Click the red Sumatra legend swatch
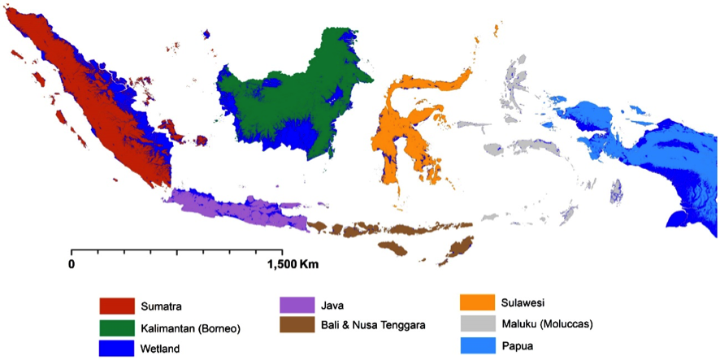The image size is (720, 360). (116, 306)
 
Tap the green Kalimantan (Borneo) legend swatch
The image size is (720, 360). (116, 328)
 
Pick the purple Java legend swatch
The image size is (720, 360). (296, 306)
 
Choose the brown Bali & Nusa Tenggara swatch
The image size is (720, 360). (296, 325)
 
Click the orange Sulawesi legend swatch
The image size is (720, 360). (477, 304)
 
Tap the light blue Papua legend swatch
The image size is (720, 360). (477, 346)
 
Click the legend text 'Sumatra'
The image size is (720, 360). (160, 307)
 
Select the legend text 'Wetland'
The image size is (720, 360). (160, 349)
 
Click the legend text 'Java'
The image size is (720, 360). (333, 306)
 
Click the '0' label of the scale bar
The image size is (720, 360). (72, 264)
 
